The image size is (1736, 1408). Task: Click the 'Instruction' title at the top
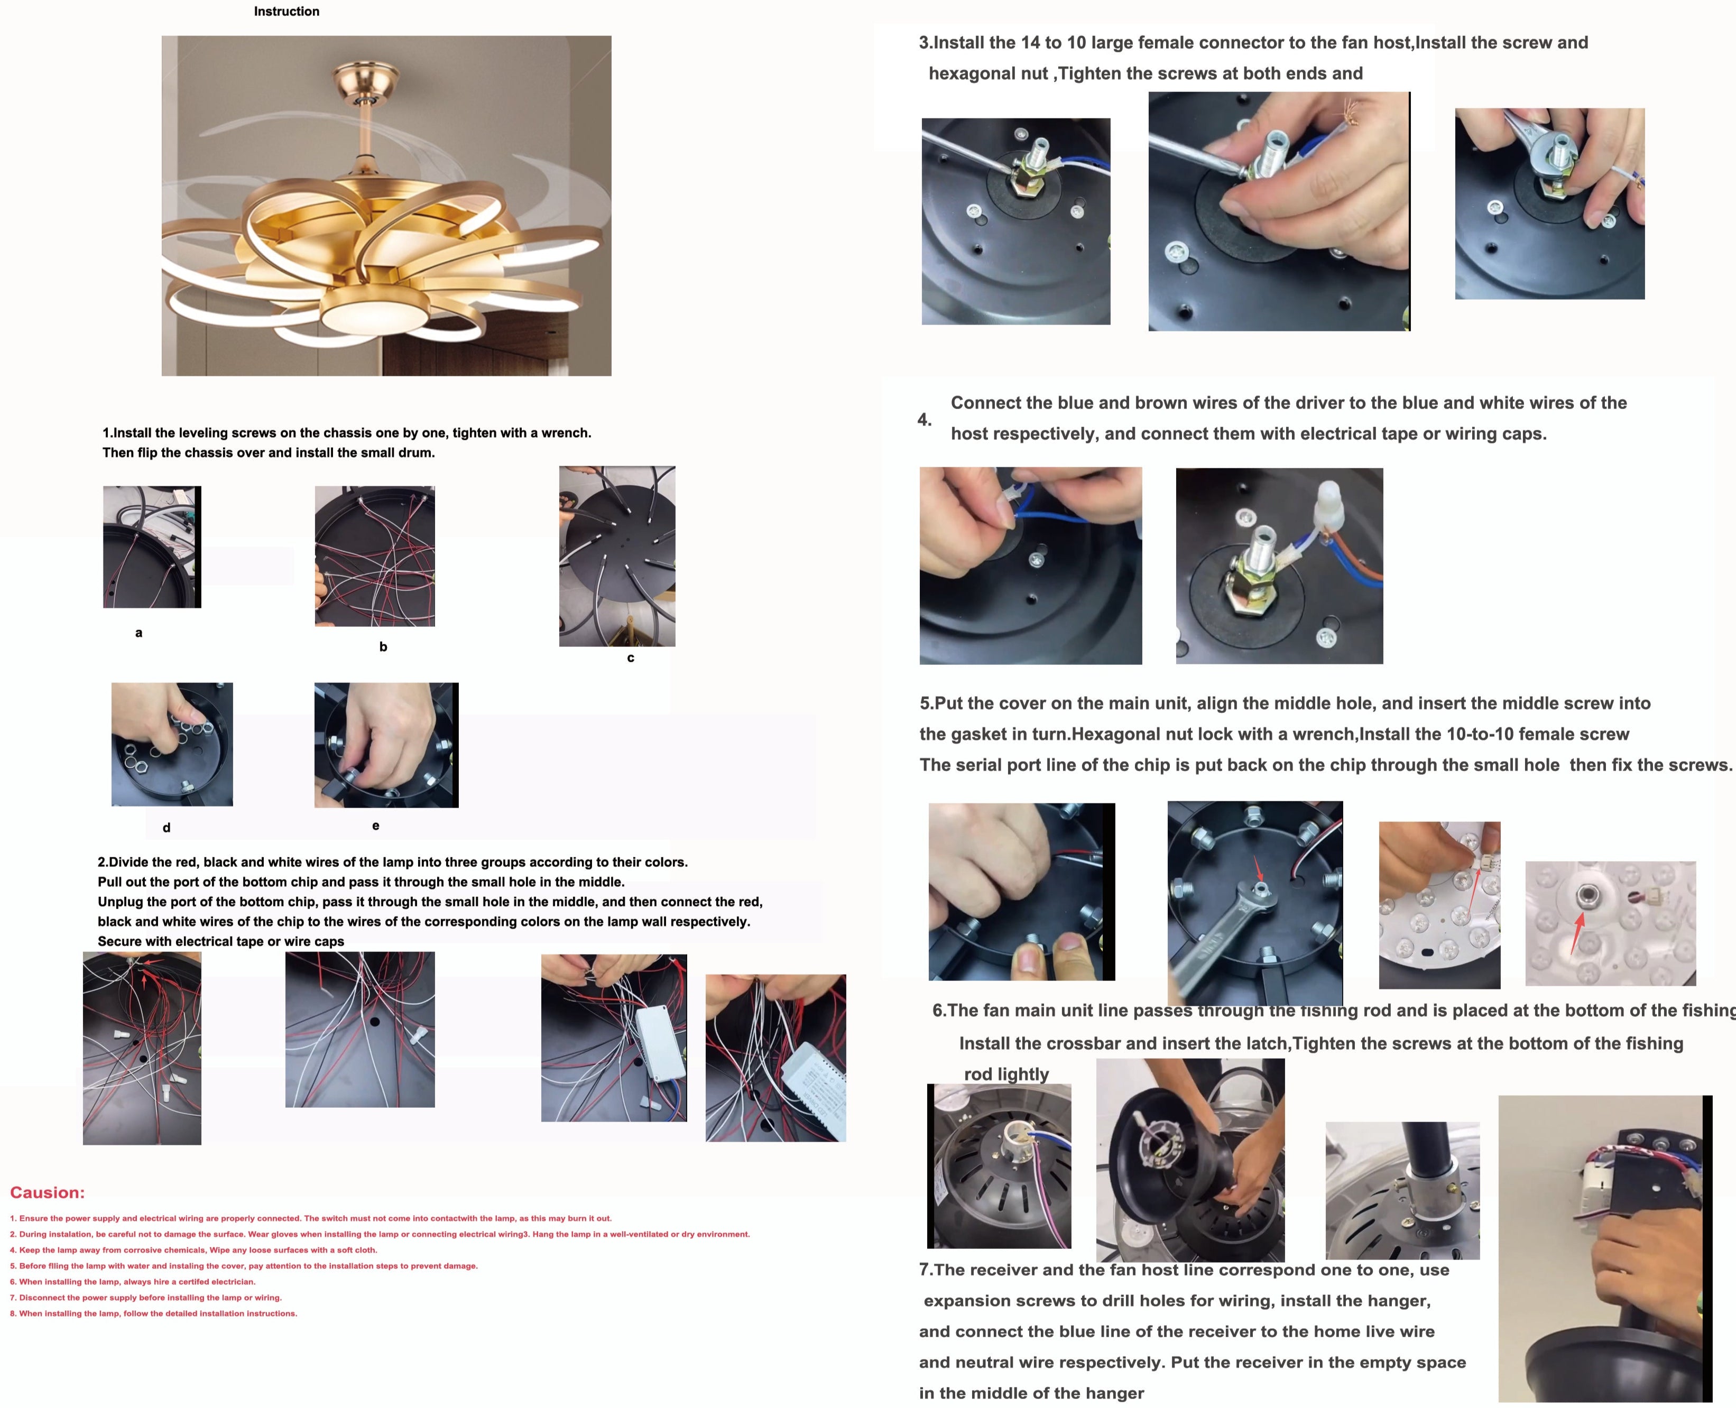coord(287,11)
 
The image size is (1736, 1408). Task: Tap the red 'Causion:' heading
coord(47,1192)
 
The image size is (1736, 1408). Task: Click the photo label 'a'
coord(138,633)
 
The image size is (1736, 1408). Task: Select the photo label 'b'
coord(383,646)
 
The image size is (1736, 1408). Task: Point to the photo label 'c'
coord(630,658)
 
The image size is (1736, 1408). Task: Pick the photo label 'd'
coord(167,827)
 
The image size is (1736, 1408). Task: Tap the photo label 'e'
coord(376,826)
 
